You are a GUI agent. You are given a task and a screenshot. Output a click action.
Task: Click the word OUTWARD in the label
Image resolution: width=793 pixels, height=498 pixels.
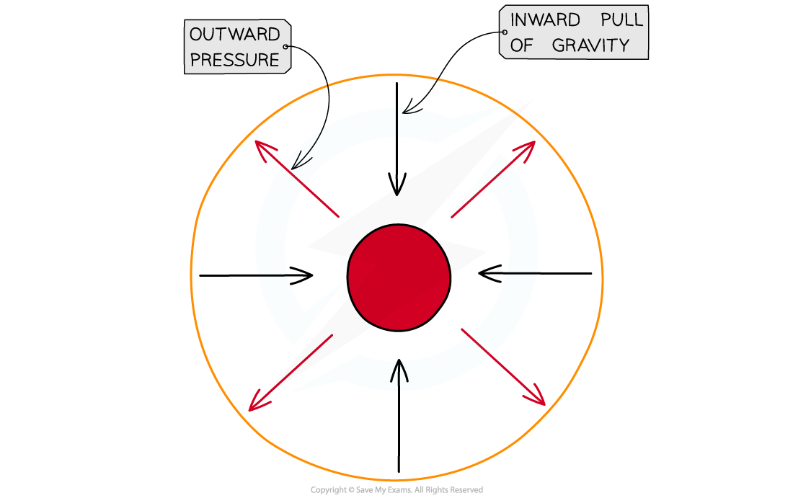click(234, 34)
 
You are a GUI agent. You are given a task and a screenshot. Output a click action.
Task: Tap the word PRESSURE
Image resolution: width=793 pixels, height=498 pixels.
click(235, 60)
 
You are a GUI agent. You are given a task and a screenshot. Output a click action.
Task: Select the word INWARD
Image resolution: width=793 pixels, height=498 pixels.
click(544, 20)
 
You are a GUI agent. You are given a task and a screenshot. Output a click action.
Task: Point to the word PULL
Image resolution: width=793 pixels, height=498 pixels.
click(622, 20)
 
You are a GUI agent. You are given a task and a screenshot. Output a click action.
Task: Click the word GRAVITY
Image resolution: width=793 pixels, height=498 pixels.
click(591, 45)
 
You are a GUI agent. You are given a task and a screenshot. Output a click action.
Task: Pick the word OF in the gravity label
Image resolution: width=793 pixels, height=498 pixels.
click(522, 45)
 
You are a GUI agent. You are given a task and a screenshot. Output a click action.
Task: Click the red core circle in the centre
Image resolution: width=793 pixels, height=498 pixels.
click(399, 277)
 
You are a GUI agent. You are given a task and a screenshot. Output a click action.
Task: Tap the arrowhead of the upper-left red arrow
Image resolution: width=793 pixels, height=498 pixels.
click(261, 147)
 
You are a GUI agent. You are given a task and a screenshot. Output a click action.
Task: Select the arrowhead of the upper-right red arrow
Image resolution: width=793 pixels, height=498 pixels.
click(528, 146)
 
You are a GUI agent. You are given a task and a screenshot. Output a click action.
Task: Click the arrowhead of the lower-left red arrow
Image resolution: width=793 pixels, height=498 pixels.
click(254, 405)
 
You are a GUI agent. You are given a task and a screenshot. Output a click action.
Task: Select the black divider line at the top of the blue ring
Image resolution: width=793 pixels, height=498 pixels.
click(396, 122)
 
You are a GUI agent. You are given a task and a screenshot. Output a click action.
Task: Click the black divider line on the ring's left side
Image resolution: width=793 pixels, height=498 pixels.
click(273, 275)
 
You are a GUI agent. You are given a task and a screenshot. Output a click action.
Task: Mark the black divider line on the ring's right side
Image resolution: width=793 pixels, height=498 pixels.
click(522, 273)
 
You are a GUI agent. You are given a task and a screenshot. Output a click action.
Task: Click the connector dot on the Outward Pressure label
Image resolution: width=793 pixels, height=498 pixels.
click(286, 47)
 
